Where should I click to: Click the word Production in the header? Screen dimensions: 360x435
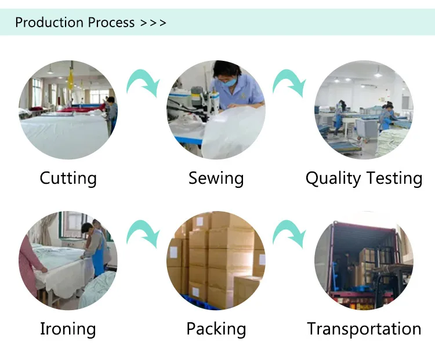pyautogui.click(x=49, y=23)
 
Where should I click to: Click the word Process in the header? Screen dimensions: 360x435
pyautogui.click(x=111, y=23)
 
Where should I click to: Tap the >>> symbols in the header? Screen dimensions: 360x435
pyautogui.click(x=153, y=23)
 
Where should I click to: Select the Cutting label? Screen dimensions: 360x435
pyautogui.click(x=68, y=178)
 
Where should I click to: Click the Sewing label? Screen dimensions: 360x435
pyautogui.click(x=216, y=178)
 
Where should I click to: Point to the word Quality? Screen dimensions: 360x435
pyautogui.click(x=333, y=179)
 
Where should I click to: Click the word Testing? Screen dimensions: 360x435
pyautogui.click(x=393, y=179)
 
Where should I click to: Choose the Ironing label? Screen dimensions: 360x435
pyautogui.click(x=68, y=329)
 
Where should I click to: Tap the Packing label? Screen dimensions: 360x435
pyautogui.click(x=216, y=329)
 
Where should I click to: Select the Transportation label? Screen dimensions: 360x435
pyautogui.click(x=364, y=329)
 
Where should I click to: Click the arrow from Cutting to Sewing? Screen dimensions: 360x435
pyautogui.click(x=143, y=83)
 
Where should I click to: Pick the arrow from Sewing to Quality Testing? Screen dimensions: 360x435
pyautogui.click(x=289, y=83)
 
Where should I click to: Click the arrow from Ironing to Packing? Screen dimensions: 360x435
pyautogui.click(x=143, y=233)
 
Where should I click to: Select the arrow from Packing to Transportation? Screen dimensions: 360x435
pyautogui.click(x=289, y=233)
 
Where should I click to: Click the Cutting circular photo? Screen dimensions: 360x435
pyautogui.click(x=68, y=110)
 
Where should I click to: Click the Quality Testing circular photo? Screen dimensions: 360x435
pyautogui.click(x=364, y=110)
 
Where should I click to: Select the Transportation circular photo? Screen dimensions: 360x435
pyautogui.click(x=364, y=260)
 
